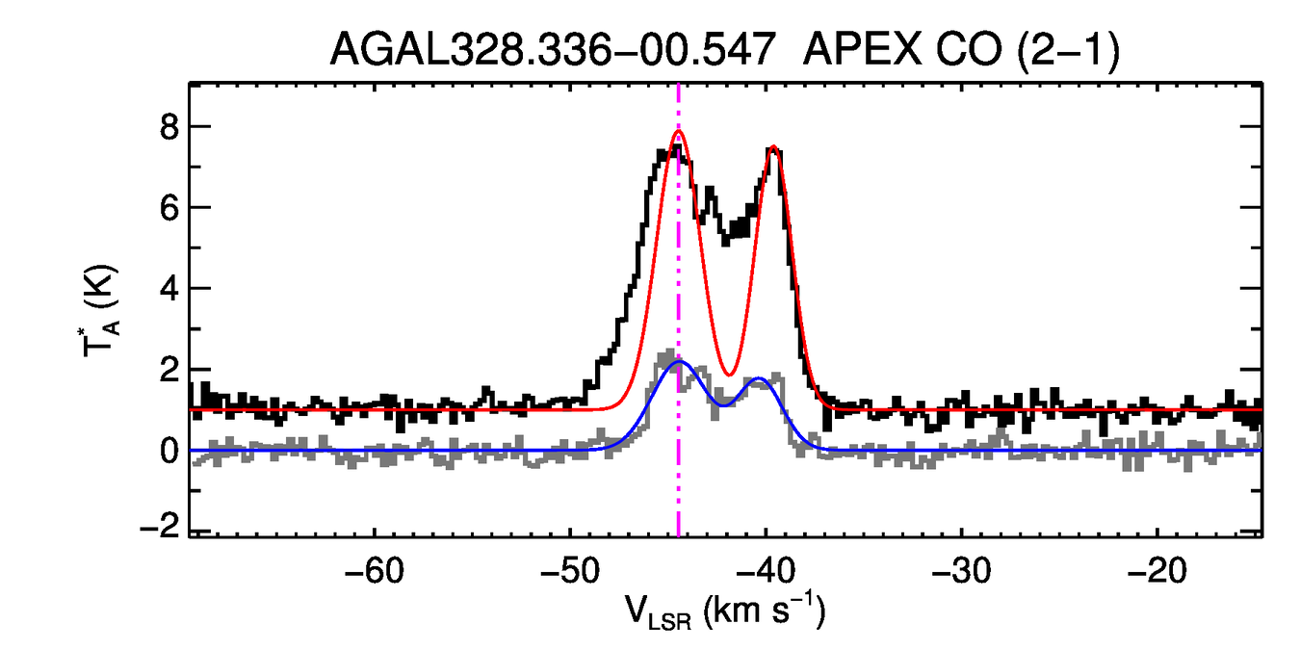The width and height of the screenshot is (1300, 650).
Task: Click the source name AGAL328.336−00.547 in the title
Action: click(x=553, y=51)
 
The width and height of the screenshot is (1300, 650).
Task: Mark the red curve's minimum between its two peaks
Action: click(x=729, y=375)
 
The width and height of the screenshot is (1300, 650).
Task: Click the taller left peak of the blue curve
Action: click(x=679, y=361)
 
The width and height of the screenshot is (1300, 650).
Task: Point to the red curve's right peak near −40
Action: click(x=773, y=147)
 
